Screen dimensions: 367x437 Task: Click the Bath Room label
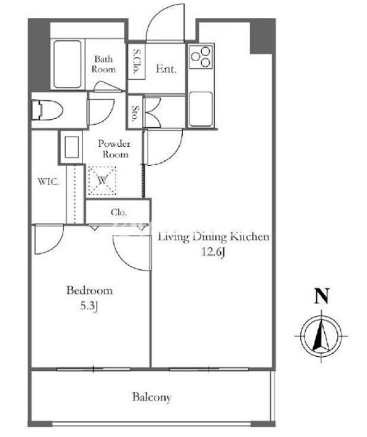[103, 64]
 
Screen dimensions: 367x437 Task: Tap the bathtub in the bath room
[67, 64]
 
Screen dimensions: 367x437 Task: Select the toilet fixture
[46, 110]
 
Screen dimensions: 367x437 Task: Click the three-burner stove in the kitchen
[201, 57]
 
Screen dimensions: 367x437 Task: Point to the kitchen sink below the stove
[201, 109]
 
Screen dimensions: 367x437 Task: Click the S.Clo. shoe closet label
[136, 62]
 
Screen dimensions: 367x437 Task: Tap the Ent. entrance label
[166, 69]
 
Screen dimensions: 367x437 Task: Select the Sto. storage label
[135, 114]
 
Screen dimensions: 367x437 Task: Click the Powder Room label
[114, 149]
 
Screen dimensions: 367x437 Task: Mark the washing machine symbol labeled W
[102, 181]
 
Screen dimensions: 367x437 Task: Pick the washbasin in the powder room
[72, 147]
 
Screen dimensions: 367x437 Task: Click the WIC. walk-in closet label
[48, 182]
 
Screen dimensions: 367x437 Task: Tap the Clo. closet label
[119, 212]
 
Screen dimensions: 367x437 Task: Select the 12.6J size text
[213, 252]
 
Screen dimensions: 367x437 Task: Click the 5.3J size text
[89, 306]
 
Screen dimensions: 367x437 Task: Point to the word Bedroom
[89, 291]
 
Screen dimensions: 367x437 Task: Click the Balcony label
[152, 397]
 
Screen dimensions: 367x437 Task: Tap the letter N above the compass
[322, 296]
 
